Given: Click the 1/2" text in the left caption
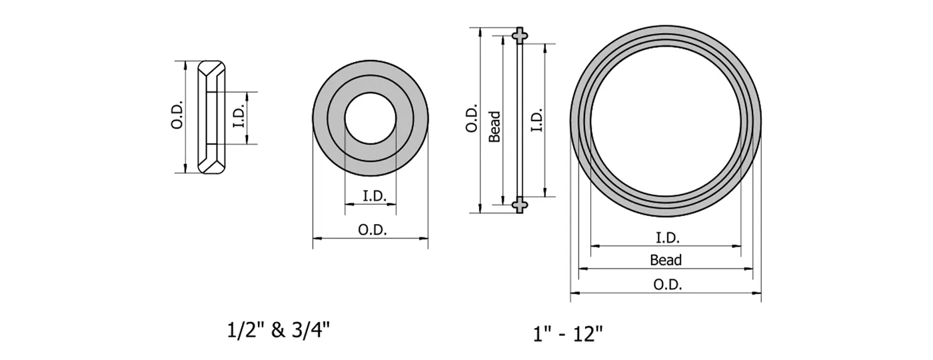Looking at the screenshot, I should tap(242, 329).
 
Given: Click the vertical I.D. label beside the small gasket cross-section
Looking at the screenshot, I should tap(241, 118).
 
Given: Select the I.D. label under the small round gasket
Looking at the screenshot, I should tap(371, 197).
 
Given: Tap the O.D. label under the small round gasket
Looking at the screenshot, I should tap(371, 230).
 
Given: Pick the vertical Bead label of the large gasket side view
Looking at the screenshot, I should tap(494, 127).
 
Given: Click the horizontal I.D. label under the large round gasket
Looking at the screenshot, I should tap(667, 238).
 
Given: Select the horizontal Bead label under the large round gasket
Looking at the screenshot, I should tap(666, 261).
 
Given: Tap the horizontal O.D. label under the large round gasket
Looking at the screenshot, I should tap(666, 285).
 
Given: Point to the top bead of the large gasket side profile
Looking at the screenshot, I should tap(519, 34).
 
